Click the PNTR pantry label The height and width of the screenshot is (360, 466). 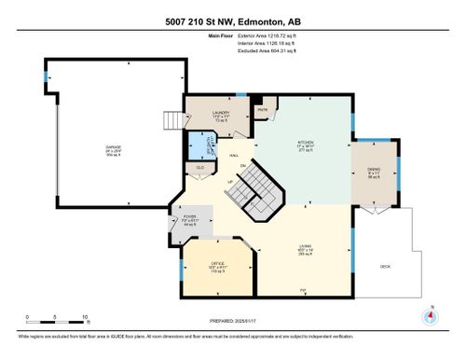pyautogui.click(x=264, y=108)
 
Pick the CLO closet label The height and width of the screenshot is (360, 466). pyautogui.click(x=198, y=168)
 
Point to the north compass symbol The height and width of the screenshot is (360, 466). pyautogui.click(x=430, y=316)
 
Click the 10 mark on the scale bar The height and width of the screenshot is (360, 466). pyautogui.click(x=86, y=318)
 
